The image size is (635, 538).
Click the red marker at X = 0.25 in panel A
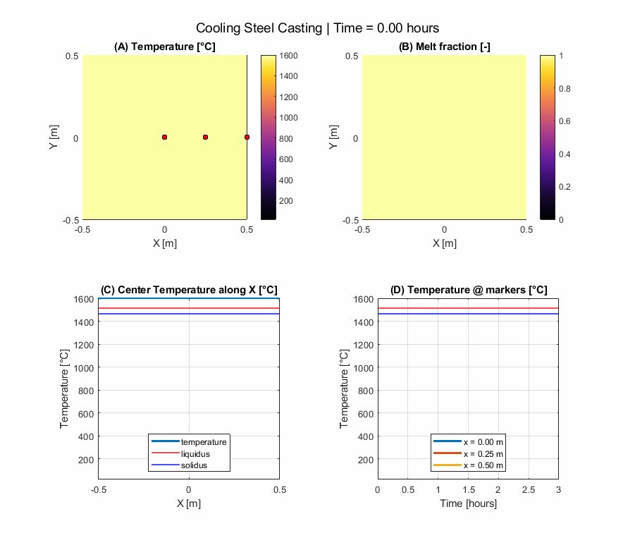tap(206, 137)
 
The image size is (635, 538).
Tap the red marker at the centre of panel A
tap(164, 137)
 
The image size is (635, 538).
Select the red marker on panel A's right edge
tap(247, 137)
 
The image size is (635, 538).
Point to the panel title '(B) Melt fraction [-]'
tap(444, 47)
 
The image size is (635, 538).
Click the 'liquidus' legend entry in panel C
tap(195, 453)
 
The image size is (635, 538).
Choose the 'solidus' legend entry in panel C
tap(194, 465)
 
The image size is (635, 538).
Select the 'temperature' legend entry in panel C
tap(204, 441)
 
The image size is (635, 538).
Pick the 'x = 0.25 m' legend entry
tap(483, 453)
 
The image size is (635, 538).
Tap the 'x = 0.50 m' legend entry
tap(483, 465)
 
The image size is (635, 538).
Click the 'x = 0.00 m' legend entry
tap(483, 441)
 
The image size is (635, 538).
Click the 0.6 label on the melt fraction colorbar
tap(565, 121)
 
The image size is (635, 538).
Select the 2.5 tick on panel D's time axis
tap(528, 490)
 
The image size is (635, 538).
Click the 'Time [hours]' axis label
tap(468, 503)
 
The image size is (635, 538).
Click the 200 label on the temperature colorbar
tap(288, 201)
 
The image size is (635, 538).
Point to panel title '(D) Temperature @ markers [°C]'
tap(468, 290)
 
